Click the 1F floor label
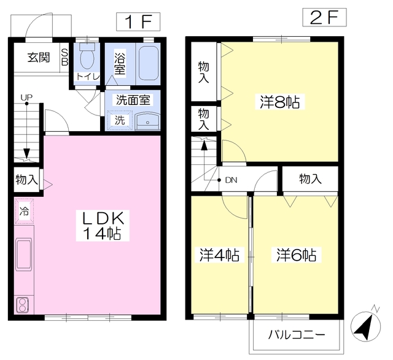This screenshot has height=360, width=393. [x=138, y=22]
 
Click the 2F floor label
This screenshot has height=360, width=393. [x=324, y=17]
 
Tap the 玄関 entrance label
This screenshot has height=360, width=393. [x=39, y=57]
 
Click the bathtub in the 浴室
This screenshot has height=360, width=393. [x=148, y=64]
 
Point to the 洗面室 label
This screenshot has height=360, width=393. [x=133, y=100]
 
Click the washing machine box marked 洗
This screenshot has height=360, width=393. [x=119, y=120]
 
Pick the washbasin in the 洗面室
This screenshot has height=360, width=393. [x=147, y=121]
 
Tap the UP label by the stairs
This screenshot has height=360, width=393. [x=26, y=97]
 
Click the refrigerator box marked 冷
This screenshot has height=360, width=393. [x=24, y=211]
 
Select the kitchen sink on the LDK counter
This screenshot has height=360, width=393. [x=24, y=254]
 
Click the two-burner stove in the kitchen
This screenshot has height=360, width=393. [x=22, y=305]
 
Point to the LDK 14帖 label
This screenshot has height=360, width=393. [x=103, y=226]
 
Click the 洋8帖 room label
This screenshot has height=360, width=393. [x=280, y=102]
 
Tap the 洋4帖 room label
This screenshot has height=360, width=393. [x=220, y=255]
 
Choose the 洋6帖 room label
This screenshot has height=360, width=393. [x=296, y=255]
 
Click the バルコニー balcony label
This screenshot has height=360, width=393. [x=297, y=335]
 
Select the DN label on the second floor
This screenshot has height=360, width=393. [x=231, y=180]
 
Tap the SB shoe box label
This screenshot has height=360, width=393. [x=64, y=57]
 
